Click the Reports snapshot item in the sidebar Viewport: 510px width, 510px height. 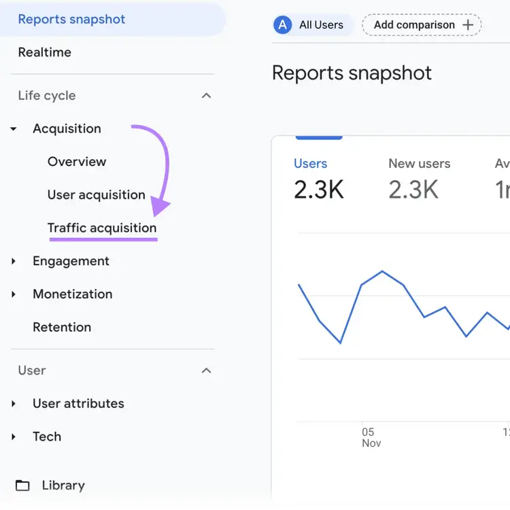click(x=71, y=19)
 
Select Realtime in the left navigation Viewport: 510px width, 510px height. click(x=45, y=52)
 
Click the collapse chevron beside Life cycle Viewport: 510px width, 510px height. click(x=206, y=96)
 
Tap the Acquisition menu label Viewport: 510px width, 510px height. click(x=67, y=129)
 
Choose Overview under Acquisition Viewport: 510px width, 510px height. click(x=77, y=162)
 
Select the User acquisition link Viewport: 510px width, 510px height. click(x=97, y=195)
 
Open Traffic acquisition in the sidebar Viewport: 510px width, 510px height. click(x=102, y=228)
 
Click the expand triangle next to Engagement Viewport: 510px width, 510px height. click(x=14, y=261)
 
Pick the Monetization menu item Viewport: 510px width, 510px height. click(x=73, y=294)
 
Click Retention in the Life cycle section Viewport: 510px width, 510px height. click(x=62, y=327)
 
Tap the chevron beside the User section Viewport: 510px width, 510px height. click(x=206, y=371)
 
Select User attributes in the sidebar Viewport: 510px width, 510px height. click(x=78, y=403)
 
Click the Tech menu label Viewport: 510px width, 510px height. click(x=47, y=437)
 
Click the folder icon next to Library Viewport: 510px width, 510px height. click(x=22, y=486)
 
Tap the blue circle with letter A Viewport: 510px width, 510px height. click(x=282, y=24)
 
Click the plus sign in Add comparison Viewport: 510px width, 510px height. click(x=468, y=24)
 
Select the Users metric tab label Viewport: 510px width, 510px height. click(x=310, y=164)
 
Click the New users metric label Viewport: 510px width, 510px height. click(x=420, y=164)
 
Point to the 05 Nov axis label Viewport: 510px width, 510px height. click(x=371, y=437)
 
